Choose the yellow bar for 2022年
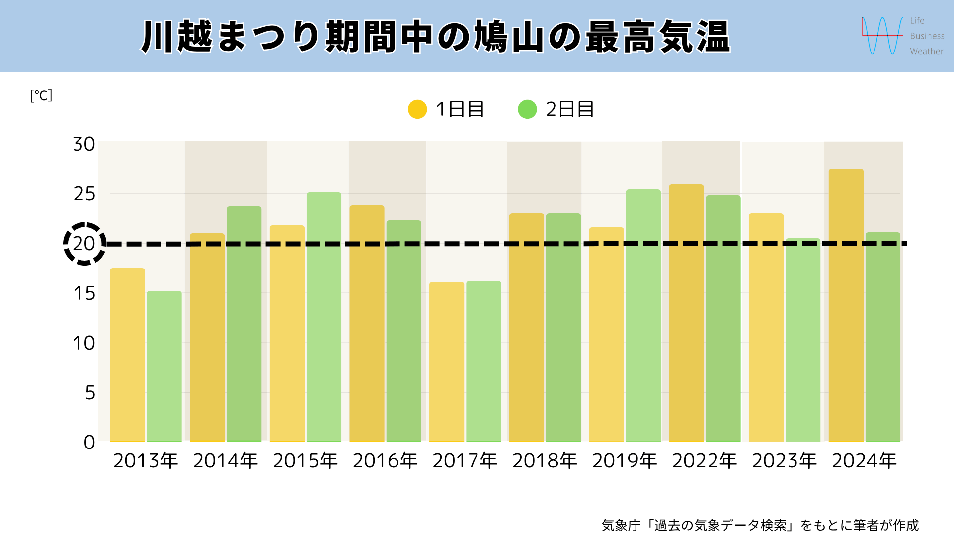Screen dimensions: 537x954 click(x=686, y=313)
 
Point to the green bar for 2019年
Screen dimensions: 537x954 click(x=643, y=315)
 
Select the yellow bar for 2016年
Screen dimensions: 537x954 click(x=367, y=323)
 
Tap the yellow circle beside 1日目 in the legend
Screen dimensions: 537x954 click(x=417, y=109)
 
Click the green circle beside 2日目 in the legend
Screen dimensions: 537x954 click(x=527, y=109)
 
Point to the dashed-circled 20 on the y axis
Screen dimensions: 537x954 click(x=84, y=244)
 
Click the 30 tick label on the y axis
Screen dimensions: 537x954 click(x=84, y=144)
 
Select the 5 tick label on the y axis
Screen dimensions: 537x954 click(x=90, y=393)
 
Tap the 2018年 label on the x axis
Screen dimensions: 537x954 click(x=545, y=461)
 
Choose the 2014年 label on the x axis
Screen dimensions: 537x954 click(x=226, y=461)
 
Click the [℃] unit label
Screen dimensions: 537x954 click(x=41, y=95)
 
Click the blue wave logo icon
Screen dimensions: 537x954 click(x=882, y=36)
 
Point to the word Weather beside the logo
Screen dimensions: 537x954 click(x=926, y=51)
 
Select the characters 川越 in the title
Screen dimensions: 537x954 click(x=177, y=37)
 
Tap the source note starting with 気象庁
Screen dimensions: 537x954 click(x=760, y=525)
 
